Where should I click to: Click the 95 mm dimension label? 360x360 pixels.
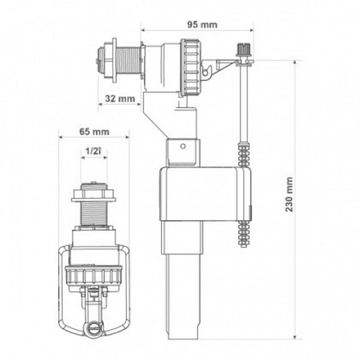pos(202,25)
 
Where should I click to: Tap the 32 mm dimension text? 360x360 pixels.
pos(120,99)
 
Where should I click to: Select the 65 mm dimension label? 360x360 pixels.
pos(94,132)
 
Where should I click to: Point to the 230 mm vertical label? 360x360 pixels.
pos(289,194)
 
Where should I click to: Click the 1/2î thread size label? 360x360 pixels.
pos(93,151)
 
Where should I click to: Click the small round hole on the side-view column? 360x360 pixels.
pos(183,146)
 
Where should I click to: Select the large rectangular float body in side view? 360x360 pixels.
pos(205,194)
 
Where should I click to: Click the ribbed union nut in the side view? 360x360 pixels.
pos(190,67)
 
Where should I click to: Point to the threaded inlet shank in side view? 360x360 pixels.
pos(129,61)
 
